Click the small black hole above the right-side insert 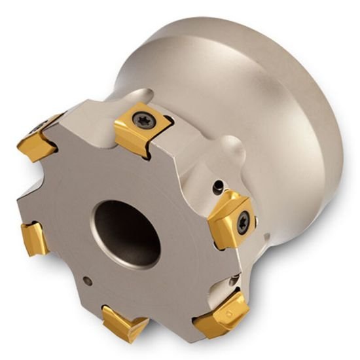pyautogui.click(x=217, y=189)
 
